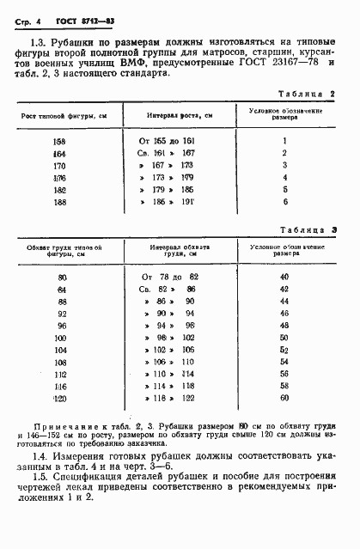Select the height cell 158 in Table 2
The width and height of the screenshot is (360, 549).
[59, 139]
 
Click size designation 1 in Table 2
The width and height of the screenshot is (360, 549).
[284, 139]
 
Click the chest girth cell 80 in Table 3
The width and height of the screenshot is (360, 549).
[61, 277]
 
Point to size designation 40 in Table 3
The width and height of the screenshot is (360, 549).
[284, 277]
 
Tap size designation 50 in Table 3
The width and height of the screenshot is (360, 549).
[284, 338]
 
